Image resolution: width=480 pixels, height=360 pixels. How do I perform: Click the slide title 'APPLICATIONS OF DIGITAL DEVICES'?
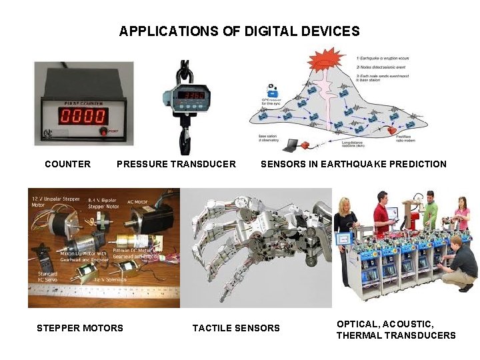pos(239,31)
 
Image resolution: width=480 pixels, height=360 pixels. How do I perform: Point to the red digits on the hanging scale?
pos(186,96)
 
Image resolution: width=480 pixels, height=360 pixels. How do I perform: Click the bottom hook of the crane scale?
pos(185,141)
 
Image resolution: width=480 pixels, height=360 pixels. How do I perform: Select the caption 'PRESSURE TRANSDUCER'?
pos(176,164)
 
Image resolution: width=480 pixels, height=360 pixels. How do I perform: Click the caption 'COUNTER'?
pos(67,164)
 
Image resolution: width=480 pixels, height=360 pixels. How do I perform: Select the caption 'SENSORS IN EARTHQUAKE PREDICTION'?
pos(353,164)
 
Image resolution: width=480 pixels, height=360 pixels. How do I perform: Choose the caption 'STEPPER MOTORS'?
pos(80,328)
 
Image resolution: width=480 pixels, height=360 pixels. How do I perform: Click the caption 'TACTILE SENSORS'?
pos(236,328)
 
